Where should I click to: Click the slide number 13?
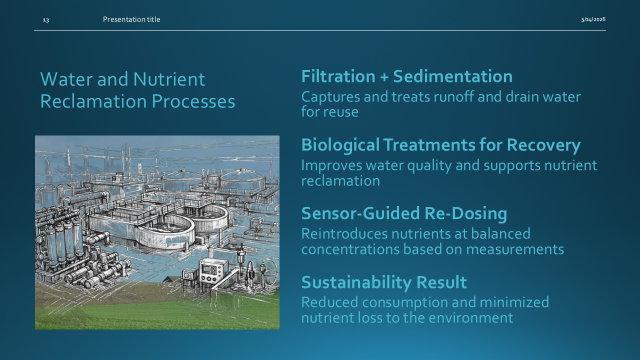[46, 20]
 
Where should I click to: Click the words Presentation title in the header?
[131, 19]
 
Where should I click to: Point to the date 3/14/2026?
[593, 19]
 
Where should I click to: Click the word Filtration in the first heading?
[338, 76]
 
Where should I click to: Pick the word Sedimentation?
[452, 76]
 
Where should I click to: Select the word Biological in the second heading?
[340, 145]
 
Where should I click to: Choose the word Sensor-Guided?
[360, 213]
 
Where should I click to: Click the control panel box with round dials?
[210, 273]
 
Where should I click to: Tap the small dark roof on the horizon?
[170, 279]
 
